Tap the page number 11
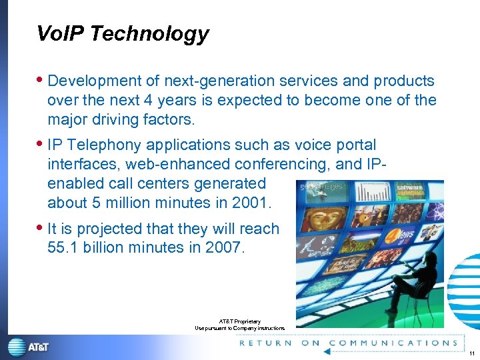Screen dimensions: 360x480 (x=471, y=353)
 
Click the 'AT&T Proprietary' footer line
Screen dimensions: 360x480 (x=239, y=321)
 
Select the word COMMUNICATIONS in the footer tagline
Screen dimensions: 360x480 (x=393, y=343)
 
